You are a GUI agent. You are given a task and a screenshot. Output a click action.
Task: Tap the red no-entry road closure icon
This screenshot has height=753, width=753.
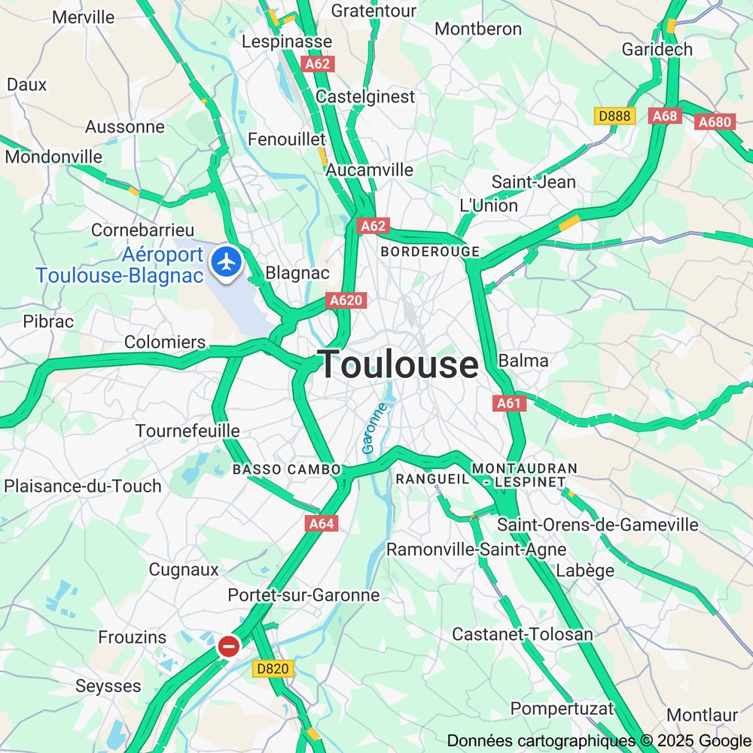click(229, 646)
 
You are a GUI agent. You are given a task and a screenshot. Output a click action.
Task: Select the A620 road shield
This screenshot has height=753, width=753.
click(346, 300)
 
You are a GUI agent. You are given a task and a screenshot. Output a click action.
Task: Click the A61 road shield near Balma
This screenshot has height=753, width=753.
click(509, 404)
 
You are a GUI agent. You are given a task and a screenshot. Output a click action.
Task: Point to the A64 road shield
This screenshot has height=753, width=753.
click(322, 523)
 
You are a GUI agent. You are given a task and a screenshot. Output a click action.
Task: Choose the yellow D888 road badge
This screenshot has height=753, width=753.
click(614, 116)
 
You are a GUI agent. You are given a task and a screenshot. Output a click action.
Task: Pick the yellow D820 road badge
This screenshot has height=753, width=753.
click(272, 669)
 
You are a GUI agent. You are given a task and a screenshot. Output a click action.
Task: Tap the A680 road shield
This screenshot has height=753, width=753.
click(715, 122)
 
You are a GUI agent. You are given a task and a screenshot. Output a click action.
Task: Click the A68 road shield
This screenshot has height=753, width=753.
click(665, 116)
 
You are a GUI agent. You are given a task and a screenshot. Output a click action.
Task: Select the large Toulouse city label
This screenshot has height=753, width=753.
click(398, 365)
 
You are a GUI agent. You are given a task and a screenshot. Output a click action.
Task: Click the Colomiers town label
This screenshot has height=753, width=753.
click(164, 342)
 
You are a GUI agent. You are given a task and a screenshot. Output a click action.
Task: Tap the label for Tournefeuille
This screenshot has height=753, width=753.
click(187, 431)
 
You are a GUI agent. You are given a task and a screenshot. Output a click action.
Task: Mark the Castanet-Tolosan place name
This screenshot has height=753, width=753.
click(522, 634)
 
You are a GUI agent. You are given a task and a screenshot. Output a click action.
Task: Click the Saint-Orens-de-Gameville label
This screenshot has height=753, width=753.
click(598, 525)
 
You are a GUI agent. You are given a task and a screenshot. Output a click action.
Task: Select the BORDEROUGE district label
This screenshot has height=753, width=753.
click(430, 252)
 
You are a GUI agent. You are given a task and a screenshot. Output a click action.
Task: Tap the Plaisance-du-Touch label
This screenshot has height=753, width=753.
click(83, 486)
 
